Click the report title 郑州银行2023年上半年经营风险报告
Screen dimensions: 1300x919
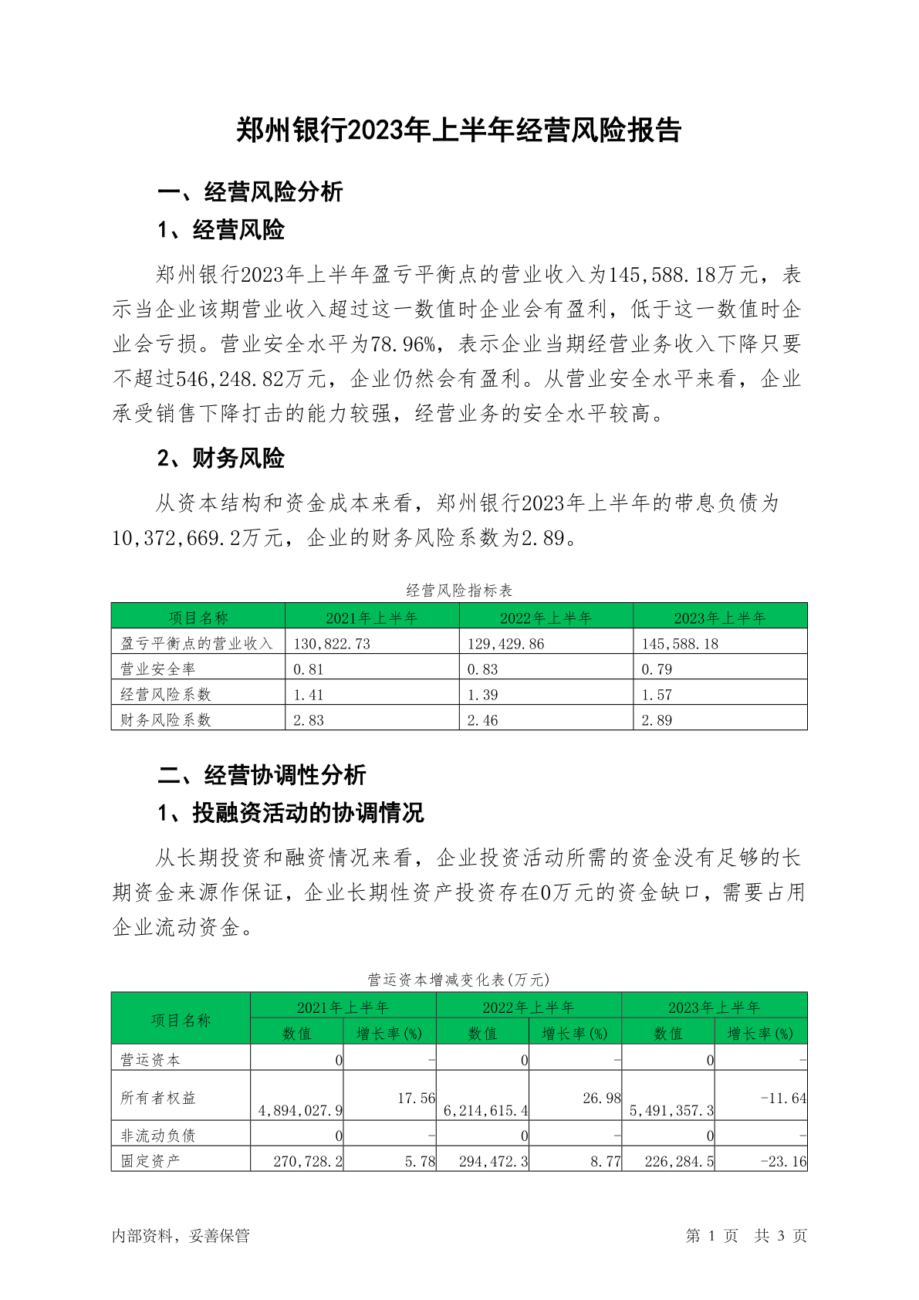pyautogui.click(x=459, y=130)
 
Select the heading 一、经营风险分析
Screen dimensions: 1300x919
pyautogui.click(x=250, y=191)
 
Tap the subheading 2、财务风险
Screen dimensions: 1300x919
pyautogui.click(x=221, y=458)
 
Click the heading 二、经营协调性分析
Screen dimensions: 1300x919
pyautogui.click(x=262, y=774)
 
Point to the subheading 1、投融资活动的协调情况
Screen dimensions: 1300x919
pyautogui.click(x=290, y=812)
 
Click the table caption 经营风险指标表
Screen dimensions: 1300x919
pyautogui.click(x=459, y=591)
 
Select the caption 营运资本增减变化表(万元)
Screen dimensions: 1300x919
pyautogui.click(x=459, y=980)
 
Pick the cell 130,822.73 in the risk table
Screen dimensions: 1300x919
pyautogui.click(x=332, y=644)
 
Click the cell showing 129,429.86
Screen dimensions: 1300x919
pyautogui.click(x=505, y=644)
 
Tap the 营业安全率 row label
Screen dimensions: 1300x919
pyautogui.click(x=158, y=669)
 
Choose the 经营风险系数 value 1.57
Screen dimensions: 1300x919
pyautogui.click(x=657, y=695)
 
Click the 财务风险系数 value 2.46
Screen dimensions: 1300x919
pyautogui.click(x=483, y=720)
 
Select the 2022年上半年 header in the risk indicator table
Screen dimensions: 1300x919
pyautogui.click(x=546, y=618)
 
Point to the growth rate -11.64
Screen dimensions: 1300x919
pyautogui.click(x=783, y=1098)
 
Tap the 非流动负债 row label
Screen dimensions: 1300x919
pyautogui.click(x=158, y=1135)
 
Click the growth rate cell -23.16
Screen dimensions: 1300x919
pyautogui.click(x=783, y=1161)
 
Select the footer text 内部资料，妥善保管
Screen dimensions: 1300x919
pyautogui.click(x=181, y=1236)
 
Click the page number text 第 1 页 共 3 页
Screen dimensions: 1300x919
pyautogui.click(x=746, y=1236)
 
